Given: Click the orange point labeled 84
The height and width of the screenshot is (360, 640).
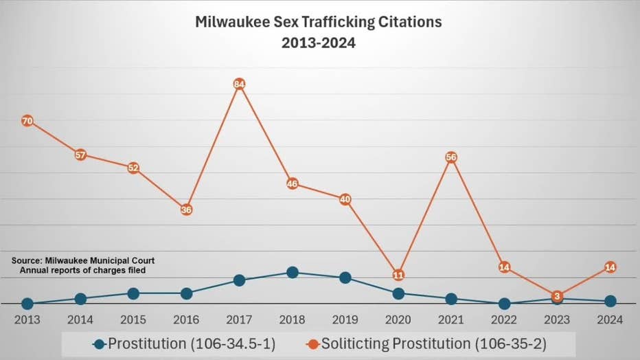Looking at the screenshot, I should click(x=239, y=85).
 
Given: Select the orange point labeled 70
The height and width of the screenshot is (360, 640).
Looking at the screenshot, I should click(x=27, y=121).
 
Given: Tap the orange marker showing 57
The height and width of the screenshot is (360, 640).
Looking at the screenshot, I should click(x=80, y=155).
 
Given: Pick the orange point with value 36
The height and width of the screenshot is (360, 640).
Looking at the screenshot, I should click(x=186, y=210).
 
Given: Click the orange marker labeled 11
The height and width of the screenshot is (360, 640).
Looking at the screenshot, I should click(x=398, y=275).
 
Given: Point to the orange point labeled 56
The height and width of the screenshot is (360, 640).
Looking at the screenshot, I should click(x=451, y=157).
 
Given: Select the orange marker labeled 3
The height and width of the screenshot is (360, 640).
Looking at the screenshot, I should click(x=557, y=296).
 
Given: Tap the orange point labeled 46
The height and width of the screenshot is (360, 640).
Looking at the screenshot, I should click(x=293, y=183).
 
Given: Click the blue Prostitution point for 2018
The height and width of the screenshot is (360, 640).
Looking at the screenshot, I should click(x=293, y=272).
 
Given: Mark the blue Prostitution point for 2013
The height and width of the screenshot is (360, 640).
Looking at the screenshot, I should click(x=27, y=304).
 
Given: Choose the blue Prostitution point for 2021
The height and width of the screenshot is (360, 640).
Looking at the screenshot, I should click(x=451, y=299).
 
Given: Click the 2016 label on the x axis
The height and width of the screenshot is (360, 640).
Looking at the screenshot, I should click(x=186, y=320).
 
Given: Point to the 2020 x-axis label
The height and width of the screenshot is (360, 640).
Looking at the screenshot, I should click(x=398, y=320).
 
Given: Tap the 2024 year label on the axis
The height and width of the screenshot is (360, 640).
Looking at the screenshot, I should click(x=610, y=320).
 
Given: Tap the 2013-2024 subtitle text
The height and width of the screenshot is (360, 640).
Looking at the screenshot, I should click(x=319, y=43).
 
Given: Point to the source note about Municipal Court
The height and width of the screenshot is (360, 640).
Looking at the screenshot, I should click(x=83, y=265).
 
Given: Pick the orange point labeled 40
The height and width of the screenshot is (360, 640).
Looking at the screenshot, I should click(x=345, y=199).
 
